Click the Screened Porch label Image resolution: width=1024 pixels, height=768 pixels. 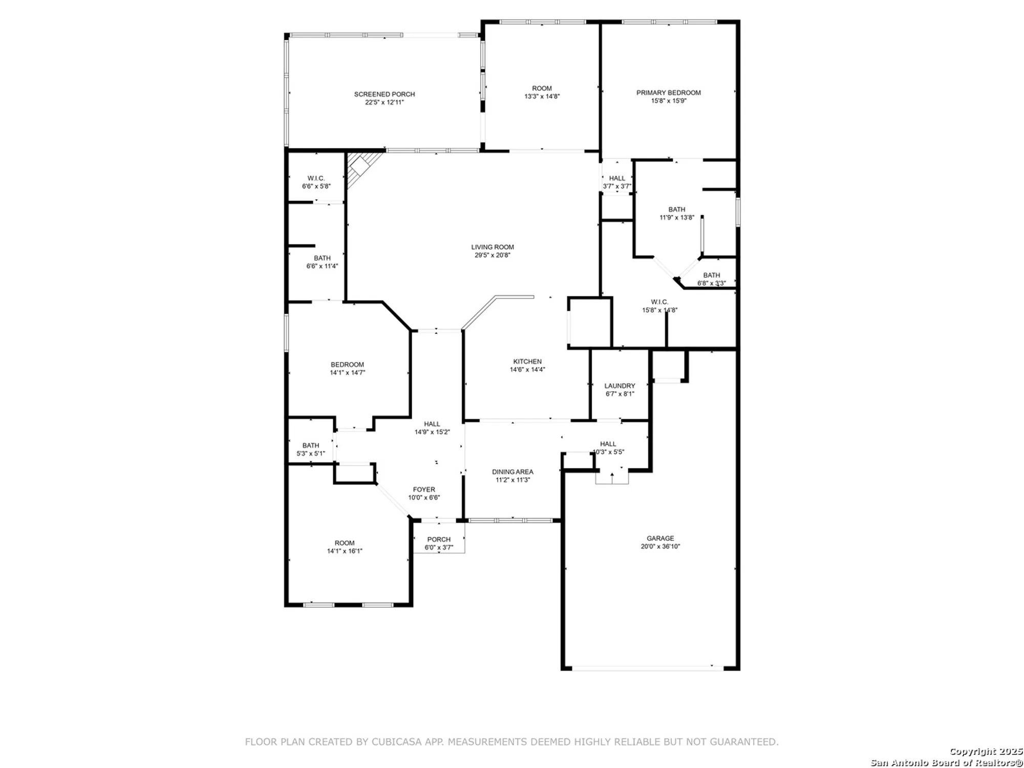pyautogui.click(x=385, y=94)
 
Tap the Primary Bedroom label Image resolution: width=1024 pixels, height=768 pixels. pyautogui.click(x=668, y=93)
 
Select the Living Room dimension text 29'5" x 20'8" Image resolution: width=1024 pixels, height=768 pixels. pyautogui.click(x=492, y=255)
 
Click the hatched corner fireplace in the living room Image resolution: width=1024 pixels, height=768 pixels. pyautogui.click(x=360, y=167)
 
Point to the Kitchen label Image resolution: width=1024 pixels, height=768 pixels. pyautogui.click(x=527, y=361)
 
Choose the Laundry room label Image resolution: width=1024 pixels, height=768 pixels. pyautogui.click(x=620, y=386)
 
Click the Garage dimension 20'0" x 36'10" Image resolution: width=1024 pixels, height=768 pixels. pyautogui.click(x=660, y=546)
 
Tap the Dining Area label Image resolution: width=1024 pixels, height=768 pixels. pyautogui.click(x=513, y=472)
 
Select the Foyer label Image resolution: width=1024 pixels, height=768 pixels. pyautogui.click(x=424, y=489)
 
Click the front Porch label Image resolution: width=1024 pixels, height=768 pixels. pyautogui.click(x=439, y=539)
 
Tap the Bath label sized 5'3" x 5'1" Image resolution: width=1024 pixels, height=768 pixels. pyautogui.click(x=311, y=445)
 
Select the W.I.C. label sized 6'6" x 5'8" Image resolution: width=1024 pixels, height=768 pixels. pyautogui.click(x=316, y=178)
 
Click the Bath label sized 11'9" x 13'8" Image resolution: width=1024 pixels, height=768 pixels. pyautogui.click(x=676, y=209)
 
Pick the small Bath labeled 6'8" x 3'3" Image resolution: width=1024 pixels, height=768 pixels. pyautogui.click(x=711, y=275)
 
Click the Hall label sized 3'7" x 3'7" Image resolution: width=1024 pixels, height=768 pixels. pyautogui.click(x=617, y=178)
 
